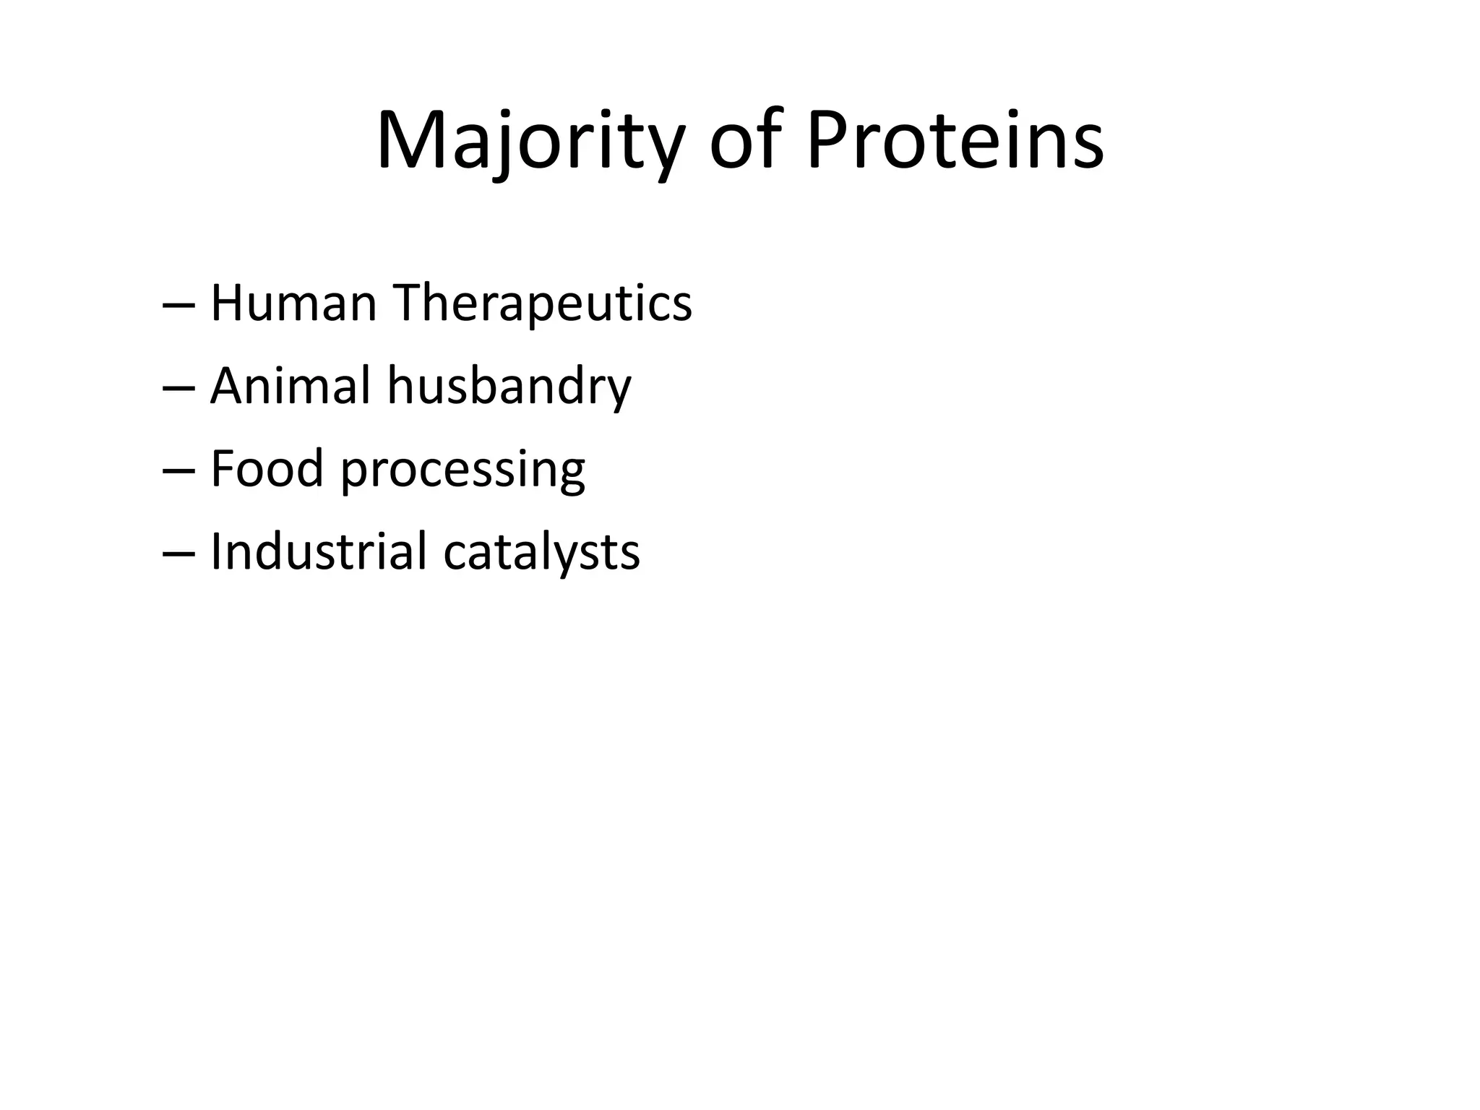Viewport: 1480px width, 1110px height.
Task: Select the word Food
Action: (x=266, y=468)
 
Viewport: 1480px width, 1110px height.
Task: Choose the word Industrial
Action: (x=319, y=551)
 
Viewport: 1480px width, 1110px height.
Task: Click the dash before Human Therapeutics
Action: (x=178, y=306)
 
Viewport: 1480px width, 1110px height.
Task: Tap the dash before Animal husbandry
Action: (x=178, y=389)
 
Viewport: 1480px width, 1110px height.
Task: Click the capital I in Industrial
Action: (x=215, y=551)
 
